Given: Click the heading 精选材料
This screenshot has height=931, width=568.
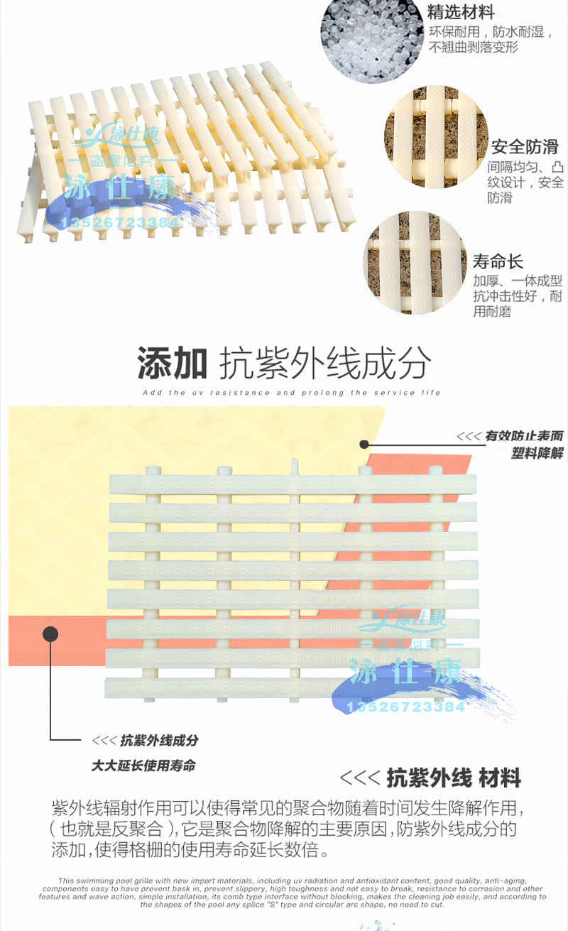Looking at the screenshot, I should point(461,13).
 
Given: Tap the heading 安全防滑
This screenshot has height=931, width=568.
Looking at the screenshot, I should point(525,147).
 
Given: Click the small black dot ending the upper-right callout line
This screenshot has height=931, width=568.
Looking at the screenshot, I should point(364,445).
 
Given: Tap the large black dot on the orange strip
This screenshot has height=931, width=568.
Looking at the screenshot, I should point(50,633).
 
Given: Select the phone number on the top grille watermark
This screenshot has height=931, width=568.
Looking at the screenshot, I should point(121,223).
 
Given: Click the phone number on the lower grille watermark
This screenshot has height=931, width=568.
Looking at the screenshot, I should point(405,707).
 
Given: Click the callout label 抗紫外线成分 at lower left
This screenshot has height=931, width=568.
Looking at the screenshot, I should point(159,741).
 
